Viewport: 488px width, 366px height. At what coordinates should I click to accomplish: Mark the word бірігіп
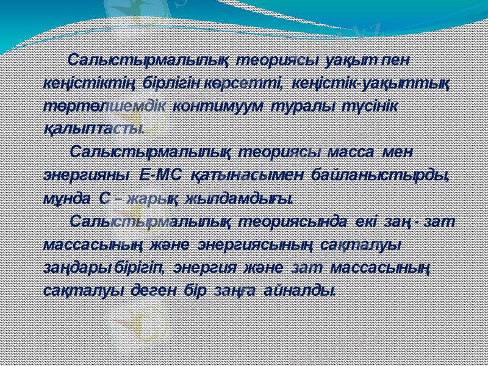(142, 267)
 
